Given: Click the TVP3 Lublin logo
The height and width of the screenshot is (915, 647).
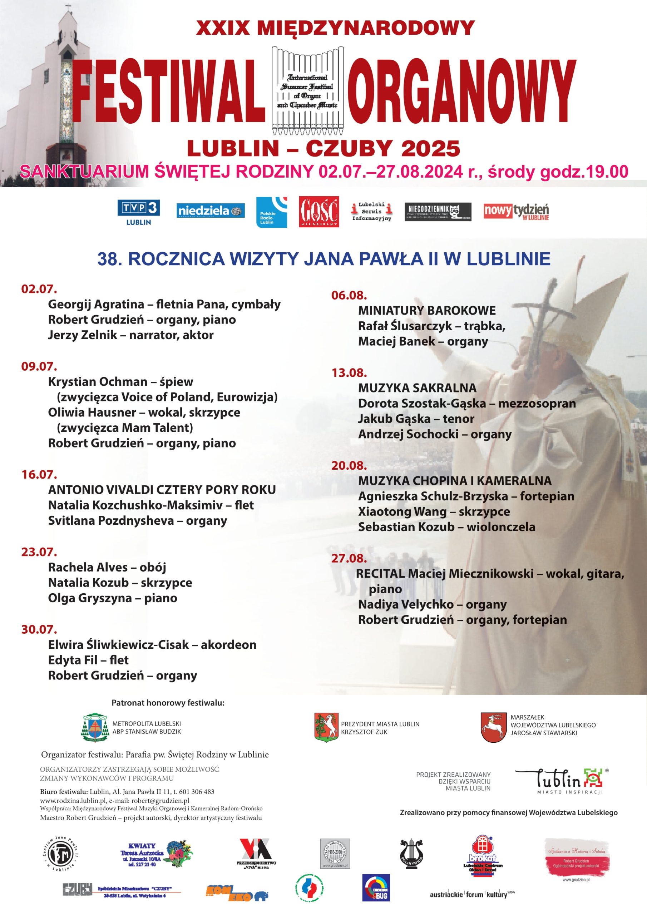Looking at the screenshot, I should tap(138, 212).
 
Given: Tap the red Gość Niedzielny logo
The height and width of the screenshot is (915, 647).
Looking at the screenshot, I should tap(318, 212).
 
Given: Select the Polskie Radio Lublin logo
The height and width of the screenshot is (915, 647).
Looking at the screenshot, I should tap(271, 212).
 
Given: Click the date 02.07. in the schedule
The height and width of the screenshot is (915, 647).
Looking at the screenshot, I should tap(39, 289).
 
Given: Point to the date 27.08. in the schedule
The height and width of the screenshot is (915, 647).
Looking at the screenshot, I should tap(349, 558).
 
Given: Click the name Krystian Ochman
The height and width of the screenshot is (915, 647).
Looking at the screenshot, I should tap(98, 382).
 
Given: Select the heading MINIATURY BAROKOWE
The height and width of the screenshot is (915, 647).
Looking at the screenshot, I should tap(426, 311).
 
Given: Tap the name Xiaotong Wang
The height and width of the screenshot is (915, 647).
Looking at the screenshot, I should tap(402, 511).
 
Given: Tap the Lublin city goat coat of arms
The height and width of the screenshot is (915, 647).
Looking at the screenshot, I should tap(326, 728).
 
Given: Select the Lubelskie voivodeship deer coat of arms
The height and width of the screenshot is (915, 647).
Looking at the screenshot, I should tap(493, 728).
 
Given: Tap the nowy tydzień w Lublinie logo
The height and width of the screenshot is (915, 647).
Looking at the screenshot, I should tap(516, 212).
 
